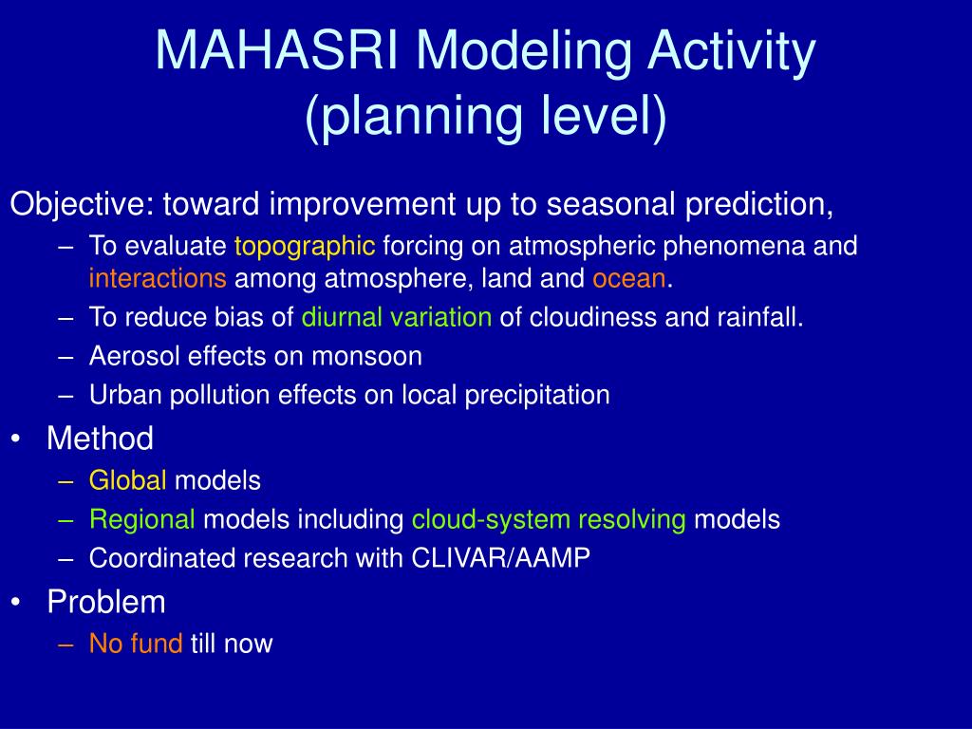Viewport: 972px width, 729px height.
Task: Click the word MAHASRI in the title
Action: coord(276,49)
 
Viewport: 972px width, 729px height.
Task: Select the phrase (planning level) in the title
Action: coord(486,116)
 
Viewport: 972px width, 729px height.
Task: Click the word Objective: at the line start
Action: coord(83,205)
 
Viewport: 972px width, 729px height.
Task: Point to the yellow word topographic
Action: coord(305,247)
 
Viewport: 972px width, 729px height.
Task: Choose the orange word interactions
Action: coord(158,278)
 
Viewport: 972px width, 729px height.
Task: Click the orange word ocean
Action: coord(629,279)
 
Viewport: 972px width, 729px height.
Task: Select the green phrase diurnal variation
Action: coord(397,317)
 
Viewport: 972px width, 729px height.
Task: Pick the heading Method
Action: coord(100,439)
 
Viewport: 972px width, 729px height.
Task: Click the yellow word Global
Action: coord(128,480)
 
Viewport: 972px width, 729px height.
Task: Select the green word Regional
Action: coord(142,519)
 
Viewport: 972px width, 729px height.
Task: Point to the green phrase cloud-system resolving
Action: coord(549,520)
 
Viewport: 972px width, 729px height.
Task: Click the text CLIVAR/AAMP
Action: coord(501,558)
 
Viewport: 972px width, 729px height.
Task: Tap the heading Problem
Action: coord(106,602)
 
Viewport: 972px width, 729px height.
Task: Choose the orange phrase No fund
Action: coord(136,644)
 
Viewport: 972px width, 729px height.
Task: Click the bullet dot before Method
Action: coord(16,439)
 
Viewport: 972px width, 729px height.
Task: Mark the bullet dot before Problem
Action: coord(16,603)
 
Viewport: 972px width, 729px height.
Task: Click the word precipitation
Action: coord(537,396)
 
